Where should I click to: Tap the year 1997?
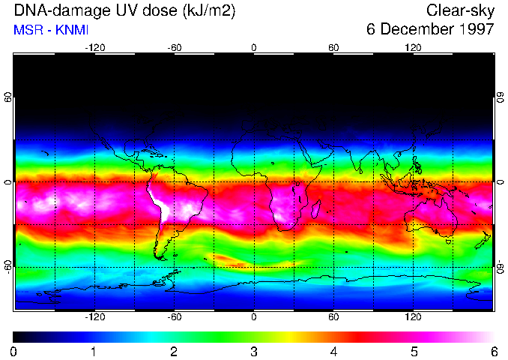click(477, 30)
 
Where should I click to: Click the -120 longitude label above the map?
click(94, 47)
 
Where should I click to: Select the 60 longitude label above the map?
click(333, 47)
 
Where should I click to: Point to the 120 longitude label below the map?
click(413, 316)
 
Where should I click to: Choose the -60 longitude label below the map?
click(175, 316)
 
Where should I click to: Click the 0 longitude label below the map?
click(254, 316)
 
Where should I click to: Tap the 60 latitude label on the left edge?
click(7, 97)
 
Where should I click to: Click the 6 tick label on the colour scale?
click(494, 351)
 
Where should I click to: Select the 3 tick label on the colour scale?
click(254, 351)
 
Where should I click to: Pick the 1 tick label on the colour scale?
click(94, 351)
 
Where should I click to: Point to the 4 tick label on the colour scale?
click(333, 351)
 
